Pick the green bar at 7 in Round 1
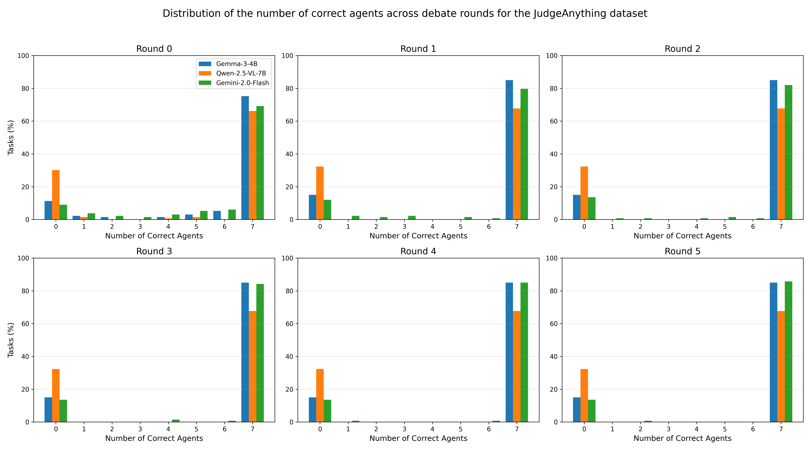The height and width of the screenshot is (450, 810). point(524,154)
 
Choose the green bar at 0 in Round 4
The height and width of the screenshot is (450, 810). point(327,411)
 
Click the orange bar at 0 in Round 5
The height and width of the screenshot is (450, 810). point(584,395)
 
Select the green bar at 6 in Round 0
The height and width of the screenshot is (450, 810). point(232,214)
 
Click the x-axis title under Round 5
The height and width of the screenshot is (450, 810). point(682,438)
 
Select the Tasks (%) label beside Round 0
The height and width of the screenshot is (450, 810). point(11,137)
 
